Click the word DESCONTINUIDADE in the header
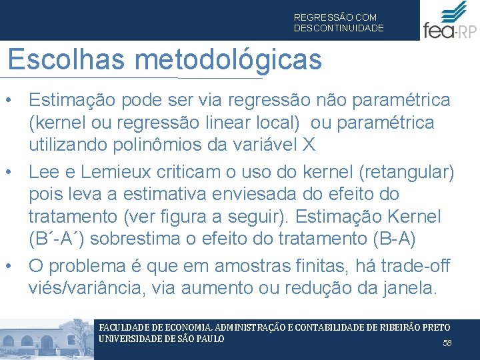[339, 29]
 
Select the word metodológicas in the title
[227, 60]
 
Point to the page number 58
[447, 343]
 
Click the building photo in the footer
[47, 339]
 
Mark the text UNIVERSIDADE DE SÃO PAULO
[161, 339]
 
